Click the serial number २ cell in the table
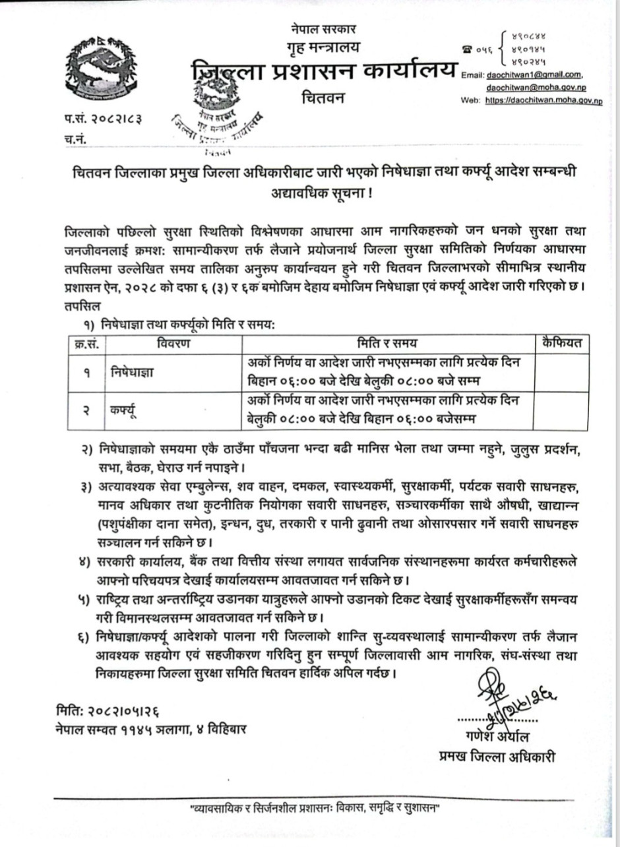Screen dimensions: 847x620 tap(86, 410)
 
